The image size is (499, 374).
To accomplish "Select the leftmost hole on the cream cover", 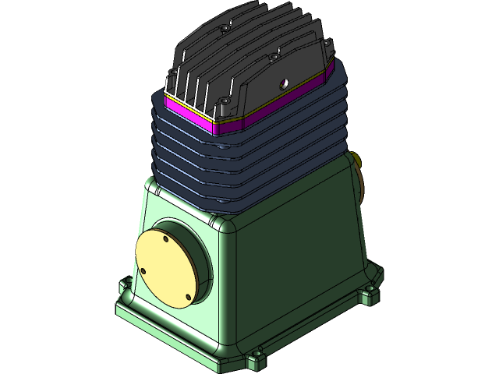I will click(143, 270).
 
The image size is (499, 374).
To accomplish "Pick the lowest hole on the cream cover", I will click(187, 297).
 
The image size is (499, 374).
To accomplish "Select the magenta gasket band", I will click(187, 113).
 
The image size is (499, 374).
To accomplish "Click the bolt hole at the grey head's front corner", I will click(225, 101).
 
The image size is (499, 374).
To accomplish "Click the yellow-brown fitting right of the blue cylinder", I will click(359, 162).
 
